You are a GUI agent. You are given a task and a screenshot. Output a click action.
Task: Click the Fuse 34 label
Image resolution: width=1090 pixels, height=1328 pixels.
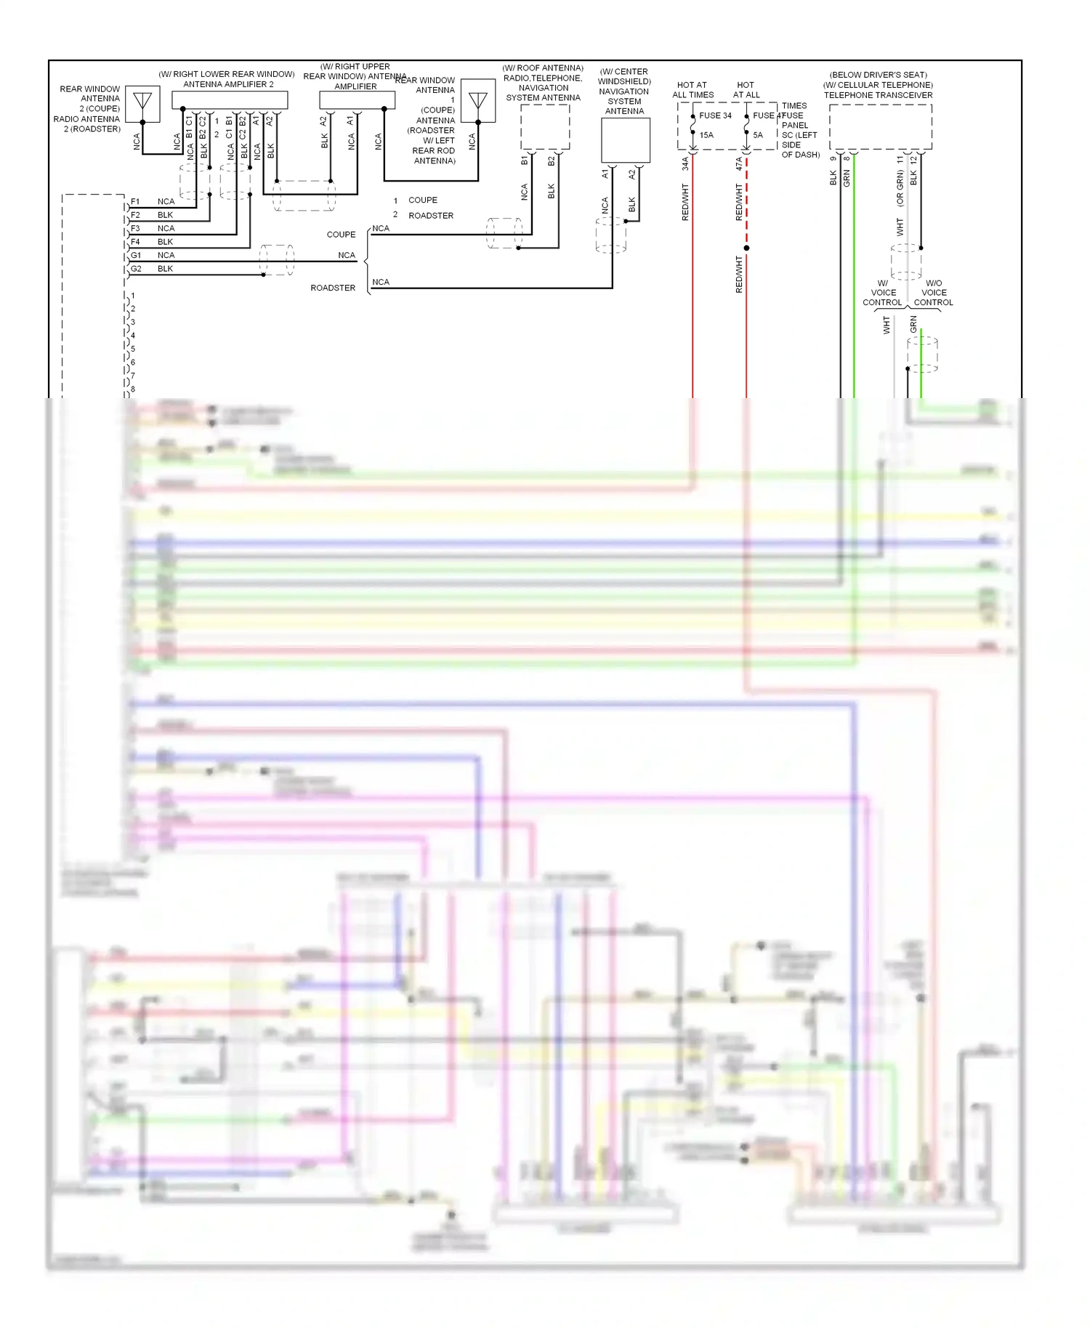[715, 116]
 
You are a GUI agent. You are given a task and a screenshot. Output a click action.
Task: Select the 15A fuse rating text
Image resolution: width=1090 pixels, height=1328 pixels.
[706, 135]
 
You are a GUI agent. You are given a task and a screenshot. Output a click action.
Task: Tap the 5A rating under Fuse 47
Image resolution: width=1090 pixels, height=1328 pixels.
[758, 135]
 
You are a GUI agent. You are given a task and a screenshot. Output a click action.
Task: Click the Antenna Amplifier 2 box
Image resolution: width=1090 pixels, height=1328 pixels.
[230, 100]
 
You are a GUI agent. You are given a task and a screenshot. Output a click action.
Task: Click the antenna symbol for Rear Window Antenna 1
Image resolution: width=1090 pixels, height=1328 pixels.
[478, 101]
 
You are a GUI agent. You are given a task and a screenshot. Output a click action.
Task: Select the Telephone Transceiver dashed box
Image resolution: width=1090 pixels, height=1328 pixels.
[880, 127]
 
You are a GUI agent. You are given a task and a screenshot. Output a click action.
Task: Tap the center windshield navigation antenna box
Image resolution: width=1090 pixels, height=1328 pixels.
[625, 140]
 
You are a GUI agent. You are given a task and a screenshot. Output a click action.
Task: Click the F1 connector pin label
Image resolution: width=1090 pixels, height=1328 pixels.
[135, 201]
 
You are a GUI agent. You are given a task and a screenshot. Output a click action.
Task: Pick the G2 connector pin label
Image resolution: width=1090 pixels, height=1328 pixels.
[136, 269]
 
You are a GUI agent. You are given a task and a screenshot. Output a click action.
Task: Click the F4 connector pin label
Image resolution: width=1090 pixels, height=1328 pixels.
[135, 242]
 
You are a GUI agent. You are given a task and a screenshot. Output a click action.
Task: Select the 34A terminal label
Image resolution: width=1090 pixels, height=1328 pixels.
[685, 164]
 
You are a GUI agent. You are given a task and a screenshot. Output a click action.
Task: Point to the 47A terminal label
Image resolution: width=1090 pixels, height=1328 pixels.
[739, 164]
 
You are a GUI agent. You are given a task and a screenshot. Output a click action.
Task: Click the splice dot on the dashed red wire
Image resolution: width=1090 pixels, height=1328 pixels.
[746, 248]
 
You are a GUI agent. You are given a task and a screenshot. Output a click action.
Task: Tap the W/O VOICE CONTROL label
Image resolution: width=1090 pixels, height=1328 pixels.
[933, 293]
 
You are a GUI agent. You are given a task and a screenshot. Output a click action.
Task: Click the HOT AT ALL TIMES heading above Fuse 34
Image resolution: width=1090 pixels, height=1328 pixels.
[693, 89]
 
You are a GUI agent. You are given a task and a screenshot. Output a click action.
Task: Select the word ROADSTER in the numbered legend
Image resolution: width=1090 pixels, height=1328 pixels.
[430, 216]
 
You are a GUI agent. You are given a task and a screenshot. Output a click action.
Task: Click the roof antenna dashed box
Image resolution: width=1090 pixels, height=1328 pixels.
[544, 127]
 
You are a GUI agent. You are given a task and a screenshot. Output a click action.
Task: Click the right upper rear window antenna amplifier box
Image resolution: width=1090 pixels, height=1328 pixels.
[358, 100]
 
